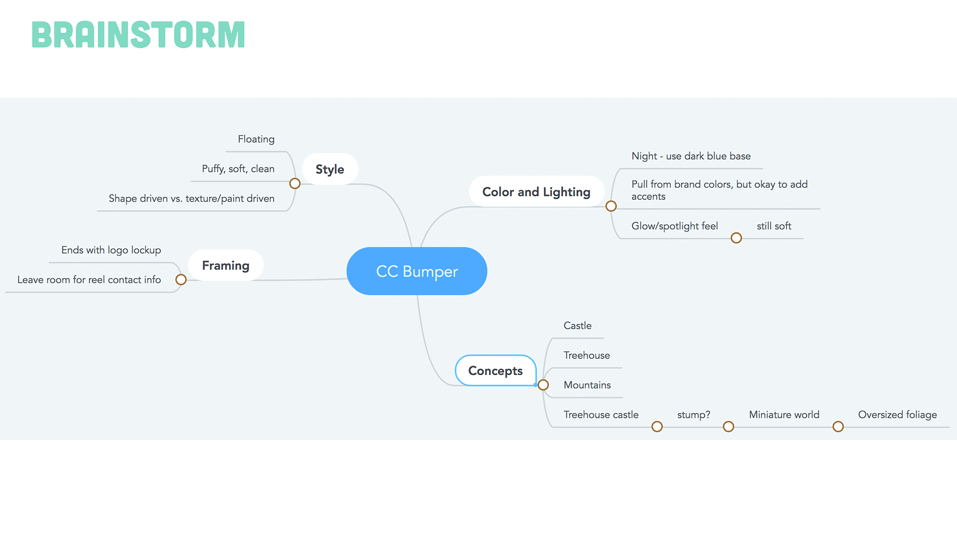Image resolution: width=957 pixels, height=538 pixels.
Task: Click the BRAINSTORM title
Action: [138, 34]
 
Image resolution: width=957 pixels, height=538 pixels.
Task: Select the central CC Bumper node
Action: [417, 271]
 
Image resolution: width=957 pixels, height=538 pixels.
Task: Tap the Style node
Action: [329, 169]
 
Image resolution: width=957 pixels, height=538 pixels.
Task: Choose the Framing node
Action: [225, 266]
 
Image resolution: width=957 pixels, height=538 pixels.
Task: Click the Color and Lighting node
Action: [536, 192]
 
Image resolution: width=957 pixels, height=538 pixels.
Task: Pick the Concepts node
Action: [495, 371]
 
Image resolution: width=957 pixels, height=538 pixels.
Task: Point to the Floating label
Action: [256, 139]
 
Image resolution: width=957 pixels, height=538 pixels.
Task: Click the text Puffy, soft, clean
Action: [238, 169]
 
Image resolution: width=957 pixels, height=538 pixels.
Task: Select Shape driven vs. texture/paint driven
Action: [191, 198]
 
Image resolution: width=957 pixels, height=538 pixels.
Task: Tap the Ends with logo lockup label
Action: [111, 250]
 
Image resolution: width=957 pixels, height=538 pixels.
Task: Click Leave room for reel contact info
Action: [89, 280]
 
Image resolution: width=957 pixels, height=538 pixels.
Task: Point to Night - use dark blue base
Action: [691, 156]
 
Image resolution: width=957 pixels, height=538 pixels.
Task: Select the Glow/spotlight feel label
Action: [674, 226]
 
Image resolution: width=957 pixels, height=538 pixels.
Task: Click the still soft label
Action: [774, 226]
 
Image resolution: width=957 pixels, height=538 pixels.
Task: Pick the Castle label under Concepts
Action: [577, 326]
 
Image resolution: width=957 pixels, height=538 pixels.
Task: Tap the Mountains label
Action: [587, 385]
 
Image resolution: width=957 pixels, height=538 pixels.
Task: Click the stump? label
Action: [693, 415]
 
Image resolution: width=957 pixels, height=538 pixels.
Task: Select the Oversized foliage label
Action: [897, 415]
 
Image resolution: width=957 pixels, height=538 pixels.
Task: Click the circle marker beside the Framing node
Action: [181, 280]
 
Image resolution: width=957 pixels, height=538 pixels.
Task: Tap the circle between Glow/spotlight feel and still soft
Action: [736, 238]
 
